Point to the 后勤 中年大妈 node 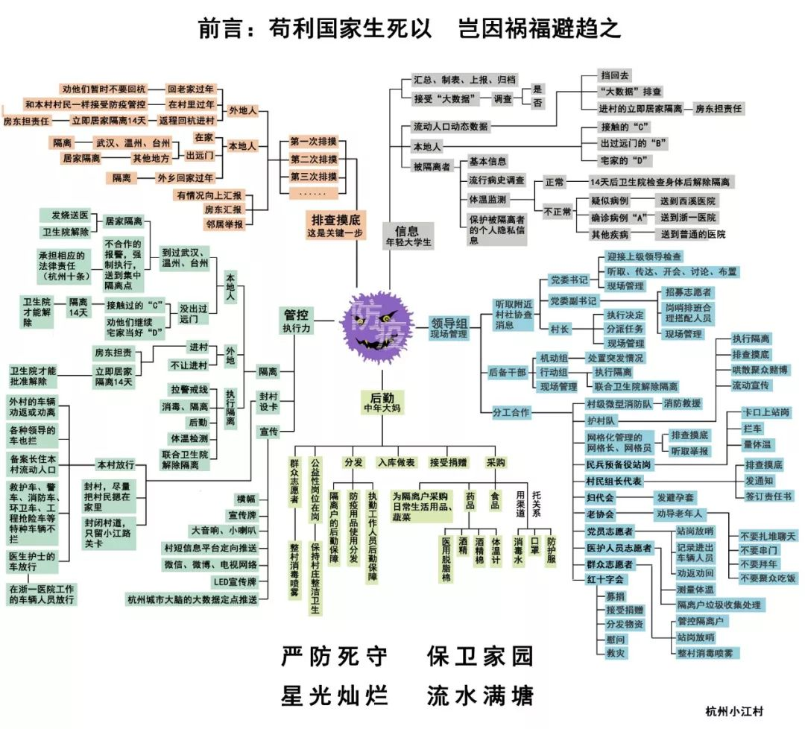(382, 403)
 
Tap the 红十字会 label (604, 578)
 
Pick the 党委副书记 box (573, 300)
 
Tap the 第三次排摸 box (314, 177)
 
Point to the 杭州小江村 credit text (734, 712)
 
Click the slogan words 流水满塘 (480, 696)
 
